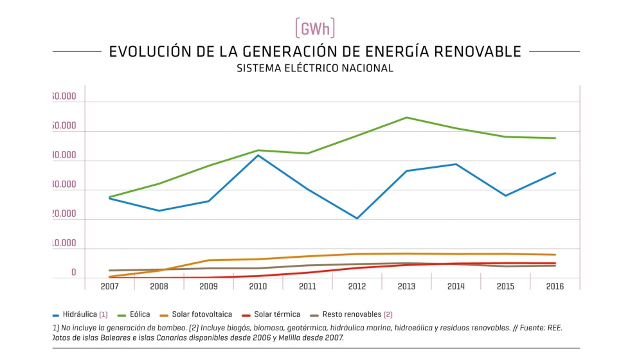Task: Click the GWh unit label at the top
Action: [x=315, y=28]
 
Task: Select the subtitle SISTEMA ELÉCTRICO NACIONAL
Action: [x=315, y=68]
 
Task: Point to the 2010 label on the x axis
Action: [x=258, y=287]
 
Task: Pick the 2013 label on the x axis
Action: [x=407, y=287]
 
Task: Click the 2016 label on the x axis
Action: [x=554, y=287]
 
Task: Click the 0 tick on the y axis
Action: [x=73, y=273]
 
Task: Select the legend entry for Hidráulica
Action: [x=80, y=314]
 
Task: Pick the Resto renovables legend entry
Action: [x=352, y=314]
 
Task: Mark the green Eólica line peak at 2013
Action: [x=407, y=118]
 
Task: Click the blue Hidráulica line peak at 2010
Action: [x=258, y=155]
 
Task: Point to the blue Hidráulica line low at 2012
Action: [x=357, y=219]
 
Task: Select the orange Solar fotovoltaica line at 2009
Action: [x=208, y=260]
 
